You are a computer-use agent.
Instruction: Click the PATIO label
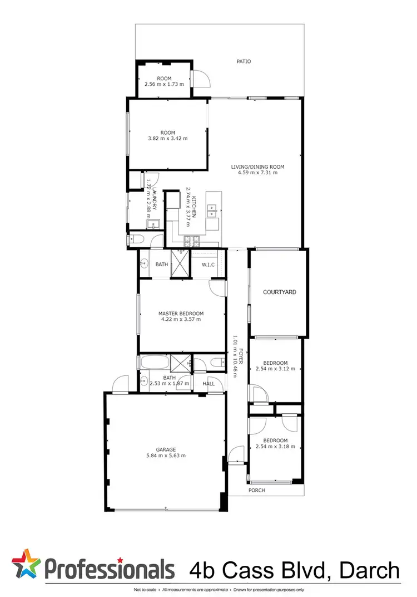244,61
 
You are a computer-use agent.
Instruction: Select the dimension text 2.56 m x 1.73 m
164,85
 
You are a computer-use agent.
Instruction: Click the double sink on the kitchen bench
211,211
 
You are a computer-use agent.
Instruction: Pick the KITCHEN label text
188,203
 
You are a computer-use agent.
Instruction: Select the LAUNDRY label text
155,197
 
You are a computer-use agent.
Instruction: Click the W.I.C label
209,265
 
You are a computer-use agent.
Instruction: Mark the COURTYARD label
279,292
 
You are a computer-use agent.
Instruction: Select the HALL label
209,383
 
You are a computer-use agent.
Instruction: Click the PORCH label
257,491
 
